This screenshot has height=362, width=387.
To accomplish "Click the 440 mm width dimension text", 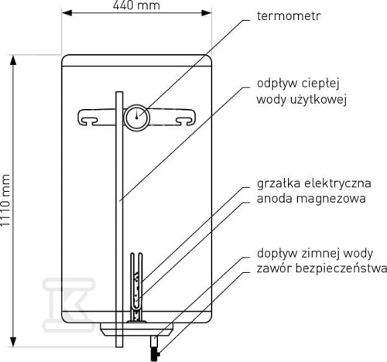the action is click(136, 5).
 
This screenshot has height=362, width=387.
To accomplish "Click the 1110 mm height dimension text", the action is click(5, 200).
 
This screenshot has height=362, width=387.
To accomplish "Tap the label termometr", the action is click(289, 16).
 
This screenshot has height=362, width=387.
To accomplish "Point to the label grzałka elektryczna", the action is click(313, 184).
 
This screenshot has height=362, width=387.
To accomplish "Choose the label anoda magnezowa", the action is click(311, 199).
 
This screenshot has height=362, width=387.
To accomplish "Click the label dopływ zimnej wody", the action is click(315, 254).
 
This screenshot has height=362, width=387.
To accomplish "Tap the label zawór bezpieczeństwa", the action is click(322, 268).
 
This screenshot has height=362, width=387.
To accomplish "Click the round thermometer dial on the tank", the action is click(137, 118).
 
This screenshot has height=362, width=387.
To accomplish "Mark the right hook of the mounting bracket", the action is click(185, 118).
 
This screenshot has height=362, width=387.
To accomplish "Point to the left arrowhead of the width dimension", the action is click(67, 12).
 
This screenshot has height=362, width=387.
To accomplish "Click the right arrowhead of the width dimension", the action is click(207, 12).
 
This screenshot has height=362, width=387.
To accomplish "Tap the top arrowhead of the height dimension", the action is click(13, 60).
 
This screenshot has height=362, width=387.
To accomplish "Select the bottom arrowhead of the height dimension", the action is click(13, 342).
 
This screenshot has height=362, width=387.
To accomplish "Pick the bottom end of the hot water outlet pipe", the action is click(119, 347).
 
